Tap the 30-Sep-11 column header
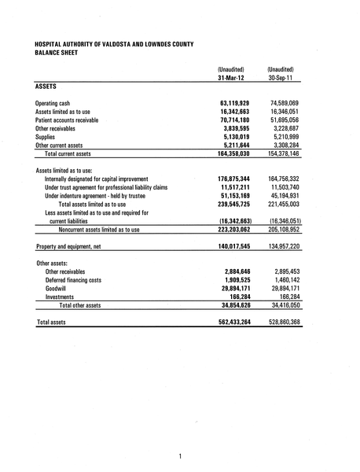[283, 78]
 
